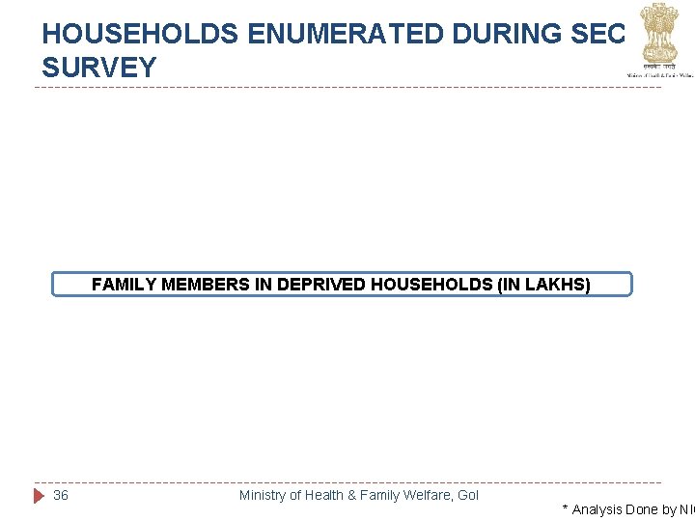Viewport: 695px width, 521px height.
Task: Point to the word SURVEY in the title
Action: click(x=99, y=68)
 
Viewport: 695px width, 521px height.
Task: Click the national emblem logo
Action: click(x=659, y=34)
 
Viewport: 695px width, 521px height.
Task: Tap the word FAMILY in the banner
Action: click(x=125, y=285)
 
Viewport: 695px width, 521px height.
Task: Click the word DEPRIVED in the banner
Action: click(x=310, y=285)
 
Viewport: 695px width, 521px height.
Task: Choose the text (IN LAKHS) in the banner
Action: click(x=544, y=285)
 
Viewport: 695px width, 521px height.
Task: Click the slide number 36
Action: click(x=61, y=495)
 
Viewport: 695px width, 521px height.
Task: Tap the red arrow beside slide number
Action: click(x=40, y=495)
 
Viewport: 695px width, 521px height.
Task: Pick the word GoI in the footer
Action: click(x=468, y=495)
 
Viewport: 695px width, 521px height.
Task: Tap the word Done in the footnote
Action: click(x=642, y=509)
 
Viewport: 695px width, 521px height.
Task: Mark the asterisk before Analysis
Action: click(x=565, y=507)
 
